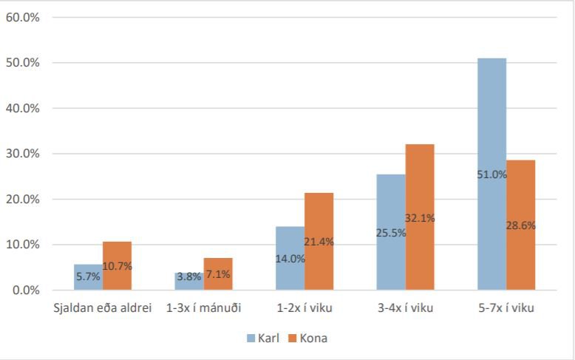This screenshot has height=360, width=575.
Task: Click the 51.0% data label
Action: point(491,175)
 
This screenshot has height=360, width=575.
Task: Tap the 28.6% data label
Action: point(521,225)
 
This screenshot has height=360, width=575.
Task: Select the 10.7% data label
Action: point(117,265)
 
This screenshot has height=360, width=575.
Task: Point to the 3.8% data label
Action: point(189,276)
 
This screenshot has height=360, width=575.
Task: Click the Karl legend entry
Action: point(262,338)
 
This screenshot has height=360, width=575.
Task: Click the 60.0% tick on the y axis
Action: point(22,17)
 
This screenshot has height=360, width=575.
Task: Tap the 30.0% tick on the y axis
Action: point(22,154)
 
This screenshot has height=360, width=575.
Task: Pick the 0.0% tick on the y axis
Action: point(24,290)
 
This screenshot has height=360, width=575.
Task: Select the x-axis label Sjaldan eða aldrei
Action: point(103,308)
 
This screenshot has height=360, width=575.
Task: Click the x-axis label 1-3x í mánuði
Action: point(203,308)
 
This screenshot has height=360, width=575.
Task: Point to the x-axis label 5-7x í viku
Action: point(506,308)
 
